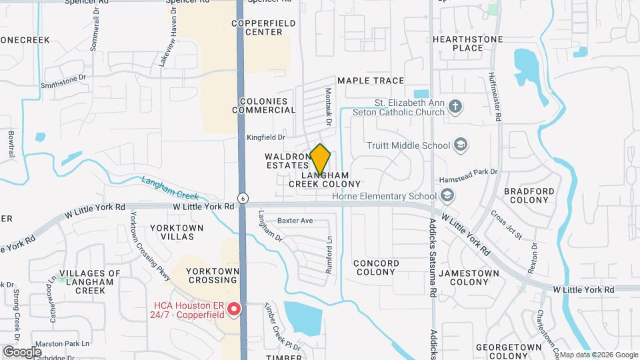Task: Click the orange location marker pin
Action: tap(321, 159)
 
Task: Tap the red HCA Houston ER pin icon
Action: tap(233, 309)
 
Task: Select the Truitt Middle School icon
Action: tap(460, 145)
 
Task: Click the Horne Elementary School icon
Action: tap(447, 195)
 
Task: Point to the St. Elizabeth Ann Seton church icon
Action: tap(455, 107)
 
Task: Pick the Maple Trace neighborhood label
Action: tap(371, 81)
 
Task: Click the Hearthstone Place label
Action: tap(467, 43)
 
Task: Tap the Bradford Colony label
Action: tap(529, 195)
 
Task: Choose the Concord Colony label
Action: tap(377, 267)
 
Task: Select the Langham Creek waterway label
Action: tap(170, 187)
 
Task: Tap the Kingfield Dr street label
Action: tap(266, 138)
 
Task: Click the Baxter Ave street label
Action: tap(295, 220)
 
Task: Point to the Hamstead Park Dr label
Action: tap(467, 172)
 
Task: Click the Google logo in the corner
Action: tap(23, 351)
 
